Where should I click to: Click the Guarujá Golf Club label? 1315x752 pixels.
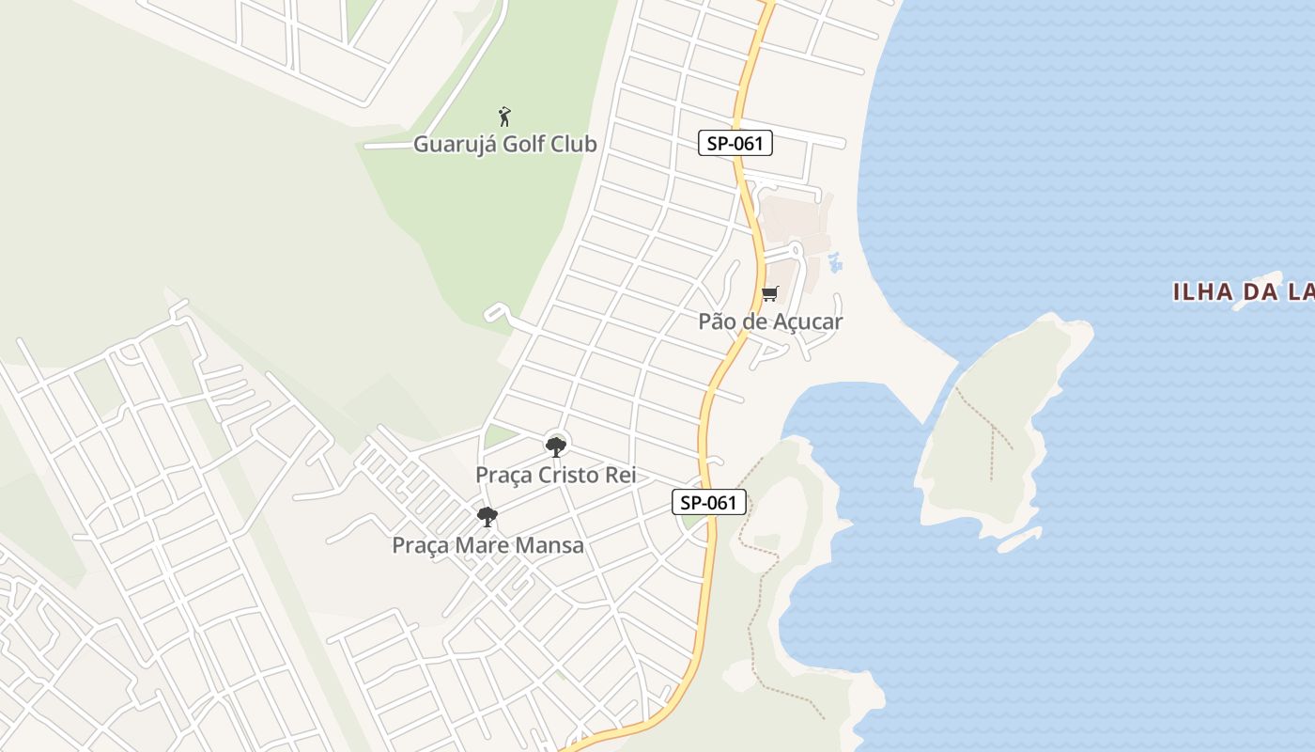505,145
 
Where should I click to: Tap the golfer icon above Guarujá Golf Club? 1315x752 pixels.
504,117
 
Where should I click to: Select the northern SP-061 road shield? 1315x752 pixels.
735,144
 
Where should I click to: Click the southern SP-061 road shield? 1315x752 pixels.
709,503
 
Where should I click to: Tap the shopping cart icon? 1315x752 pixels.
770,293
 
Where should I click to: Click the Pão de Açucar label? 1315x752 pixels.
770,321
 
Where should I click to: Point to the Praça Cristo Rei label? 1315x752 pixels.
555,475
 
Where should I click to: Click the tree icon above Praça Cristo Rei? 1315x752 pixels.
556,446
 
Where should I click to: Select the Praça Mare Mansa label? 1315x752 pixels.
487,545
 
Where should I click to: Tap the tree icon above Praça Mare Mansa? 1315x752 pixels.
487,516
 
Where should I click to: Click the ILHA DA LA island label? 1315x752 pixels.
1243,292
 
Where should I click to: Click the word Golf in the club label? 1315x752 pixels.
529,145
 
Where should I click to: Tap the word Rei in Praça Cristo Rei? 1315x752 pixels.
621,475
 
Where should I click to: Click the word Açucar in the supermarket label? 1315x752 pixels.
807,321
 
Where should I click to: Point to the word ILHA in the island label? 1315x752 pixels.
1202,292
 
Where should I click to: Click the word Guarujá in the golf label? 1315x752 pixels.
455,145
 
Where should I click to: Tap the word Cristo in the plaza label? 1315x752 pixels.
570,475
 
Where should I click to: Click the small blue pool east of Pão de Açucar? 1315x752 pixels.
835,262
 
